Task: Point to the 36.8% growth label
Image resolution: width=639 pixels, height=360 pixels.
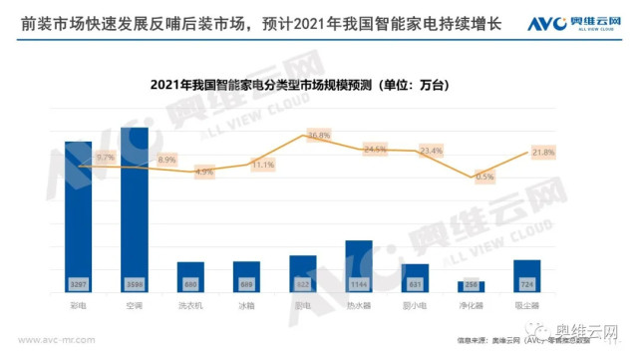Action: tap(318, 135)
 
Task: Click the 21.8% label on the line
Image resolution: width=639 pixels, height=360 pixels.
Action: tap(543, 152)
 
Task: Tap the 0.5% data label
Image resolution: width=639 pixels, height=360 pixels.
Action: tap(485, 177)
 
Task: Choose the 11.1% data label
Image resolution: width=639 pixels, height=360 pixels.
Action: tap(262, 165)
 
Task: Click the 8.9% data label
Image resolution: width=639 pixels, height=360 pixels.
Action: tap(166, 160)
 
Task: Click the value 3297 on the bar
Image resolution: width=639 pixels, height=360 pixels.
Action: tap(79, 284)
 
